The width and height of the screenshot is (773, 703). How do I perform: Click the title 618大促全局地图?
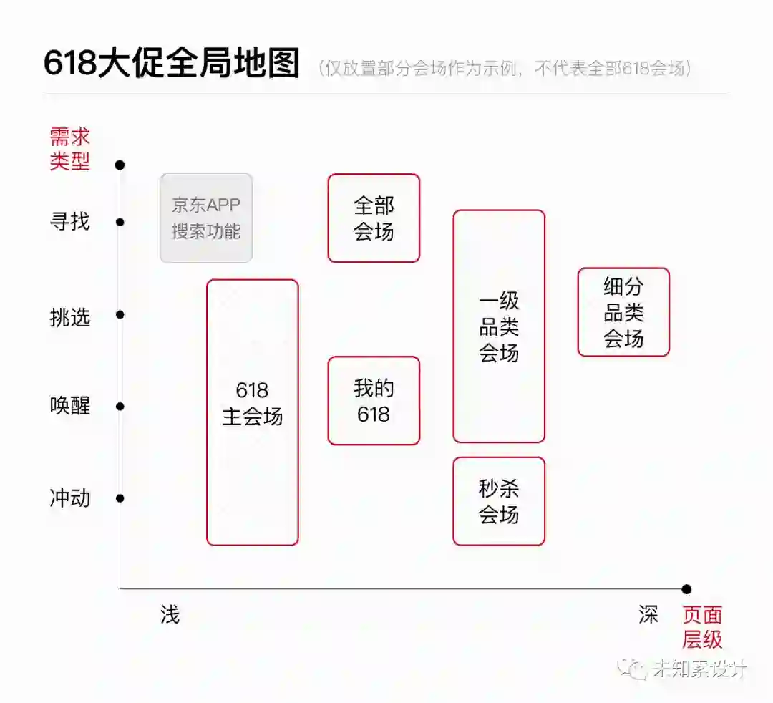click(171, 64)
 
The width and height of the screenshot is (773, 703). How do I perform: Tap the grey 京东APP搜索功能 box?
click(206, 218)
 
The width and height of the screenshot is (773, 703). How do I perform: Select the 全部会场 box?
click(374, 218)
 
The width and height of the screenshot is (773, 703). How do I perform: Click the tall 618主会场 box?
click(252, 412)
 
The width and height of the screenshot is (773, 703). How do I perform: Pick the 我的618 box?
click(374, 401)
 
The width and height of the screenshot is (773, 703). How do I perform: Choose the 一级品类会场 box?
click(499, 326)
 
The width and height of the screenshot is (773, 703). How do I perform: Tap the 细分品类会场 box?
click(623, 312)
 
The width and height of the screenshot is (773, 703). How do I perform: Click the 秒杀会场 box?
click(499, 501)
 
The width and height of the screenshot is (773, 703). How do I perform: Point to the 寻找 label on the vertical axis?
click(69, 222)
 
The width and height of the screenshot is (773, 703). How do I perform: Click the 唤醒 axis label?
click(69, 407)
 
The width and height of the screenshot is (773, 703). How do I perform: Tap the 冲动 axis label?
click(69, 498)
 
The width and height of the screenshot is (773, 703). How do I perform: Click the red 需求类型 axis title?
click(69, 148)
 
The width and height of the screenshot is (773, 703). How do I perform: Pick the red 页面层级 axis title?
click(701, 626)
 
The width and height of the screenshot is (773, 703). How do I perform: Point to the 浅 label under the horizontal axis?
click(170, 614)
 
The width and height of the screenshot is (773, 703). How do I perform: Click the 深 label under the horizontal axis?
click(648, 614)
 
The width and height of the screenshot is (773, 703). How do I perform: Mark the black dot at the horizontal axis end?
click(686, 589)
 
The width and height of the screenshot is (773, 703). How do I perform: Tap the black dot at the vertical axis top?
click(120, 165)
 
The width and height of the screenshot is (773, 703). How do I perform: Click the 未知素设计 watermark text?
click(700, 669)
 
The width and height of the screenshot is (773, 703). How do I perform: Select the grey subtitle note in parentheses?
click(507, 68)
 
